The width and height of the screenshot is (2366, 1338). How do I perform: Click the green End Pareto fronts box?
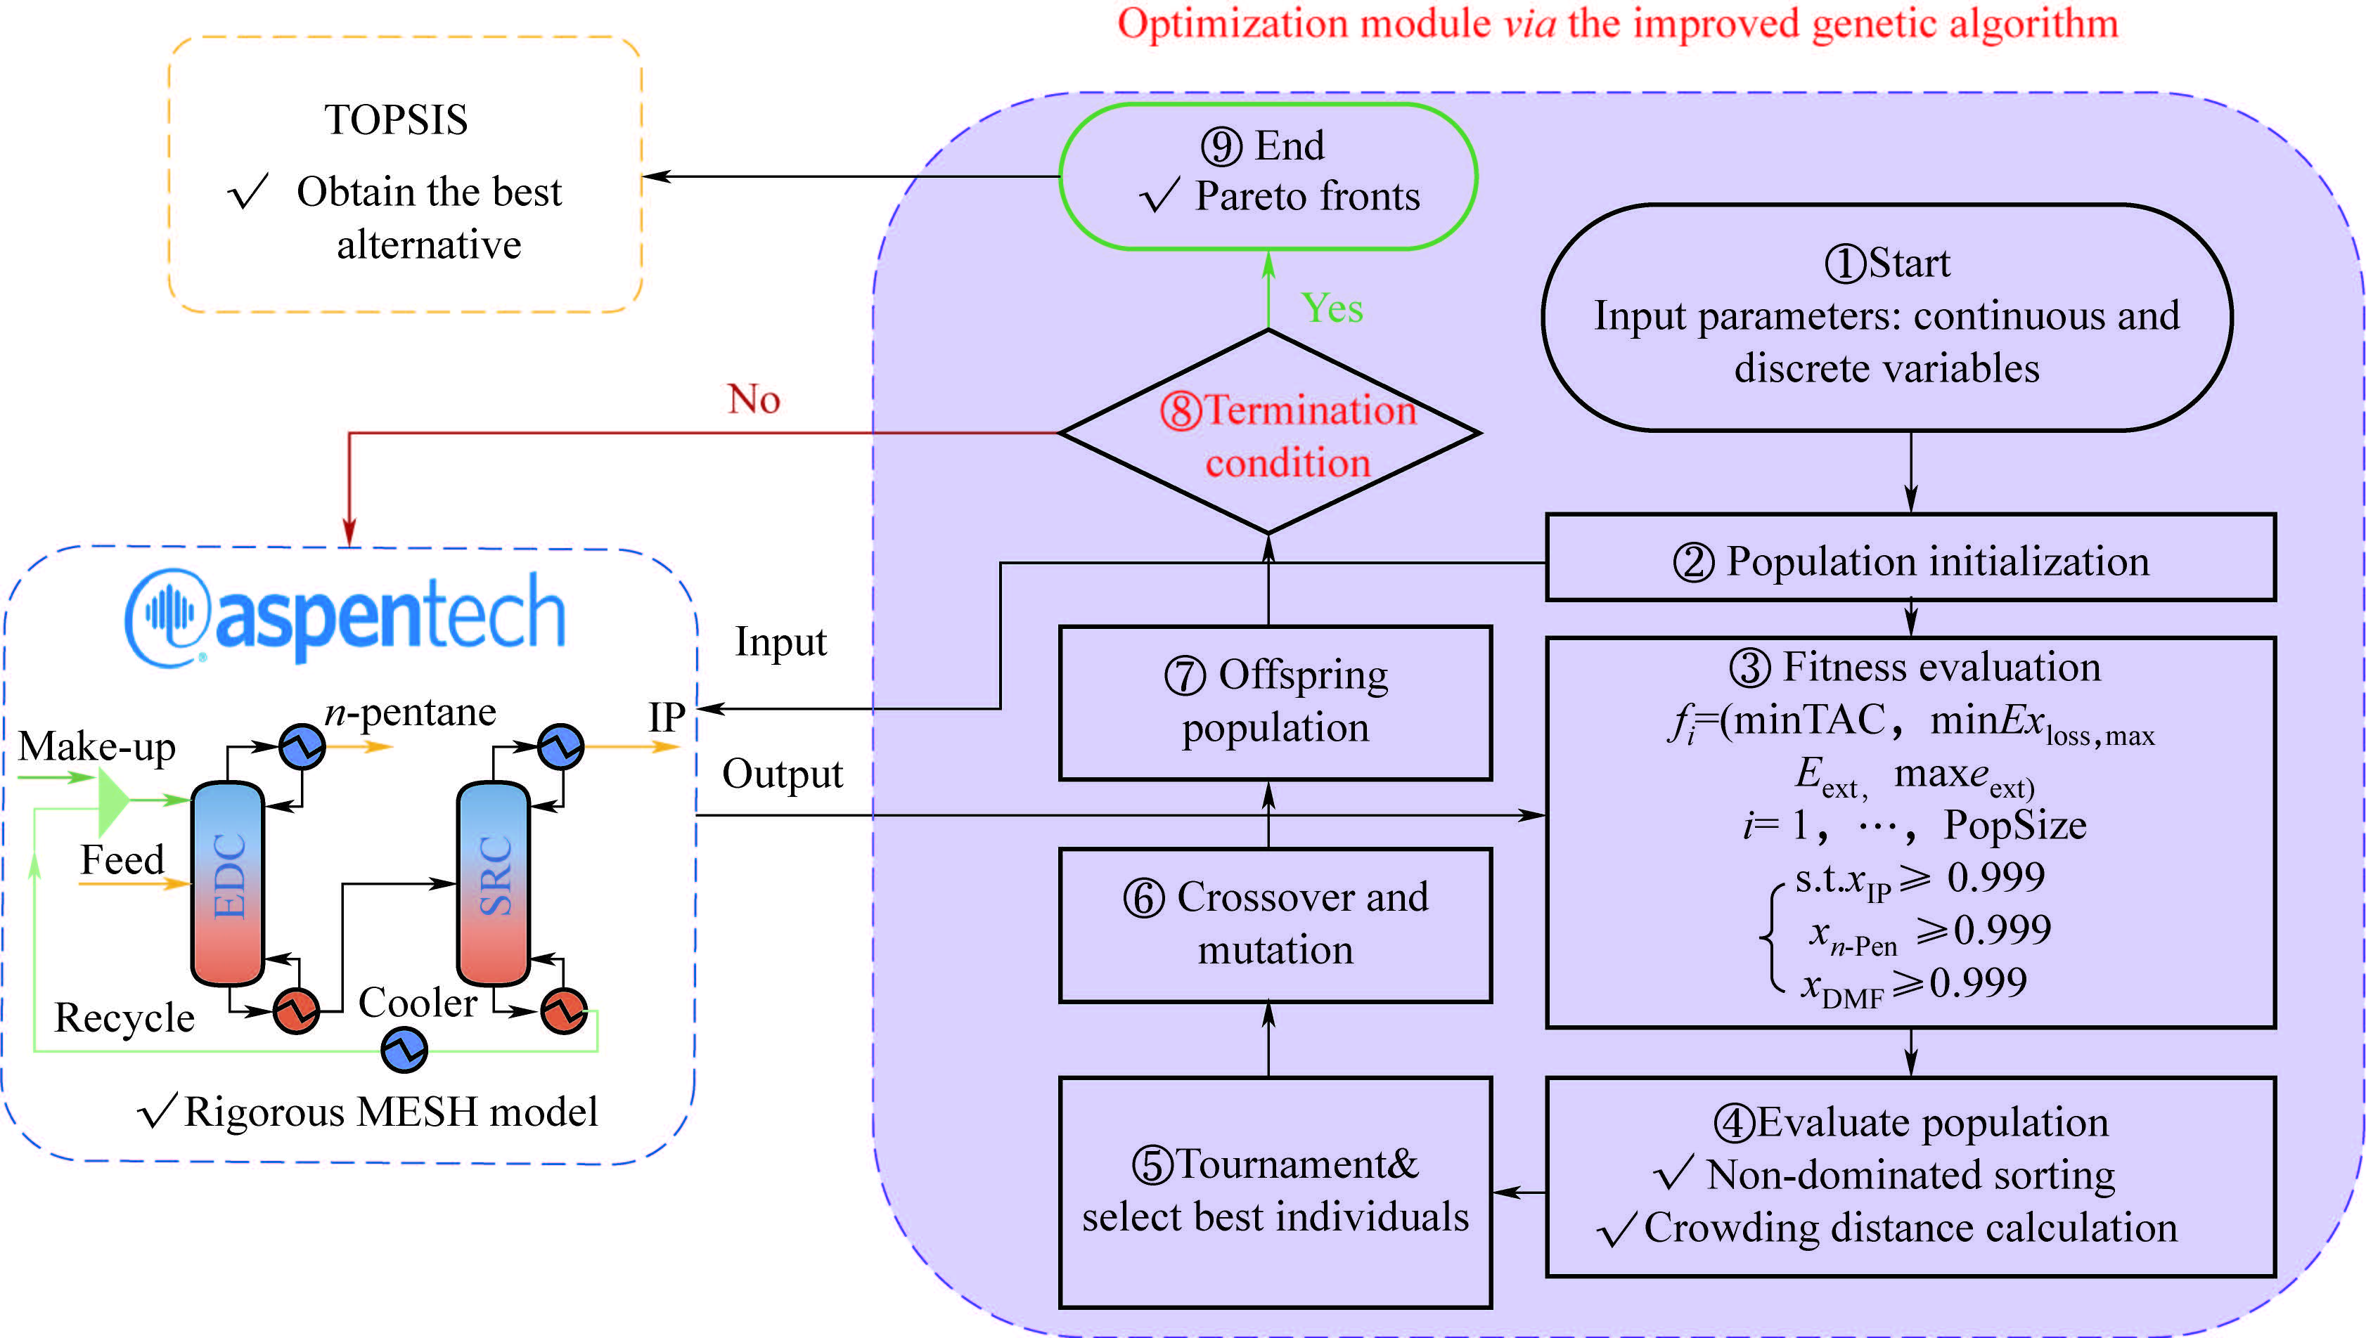[x=1268, y=176]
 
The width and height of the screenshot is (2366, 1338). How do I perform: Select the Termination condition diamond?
[x=1269, y=433]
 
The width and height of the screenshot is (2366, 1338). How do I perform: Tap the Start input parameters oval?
[x=1886, y=317]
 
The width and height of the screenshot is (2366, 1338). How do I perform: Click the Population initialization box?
[x=1910, y=559]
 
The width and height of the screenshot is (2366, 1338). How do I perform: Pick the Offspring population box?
[x=1275, y=703]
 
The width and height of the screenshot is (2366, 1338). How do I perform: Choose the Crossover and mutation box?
[x=1275, y=925]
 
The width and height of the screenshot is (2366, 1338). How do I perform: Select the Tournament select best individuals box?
[x=1275, y=1192]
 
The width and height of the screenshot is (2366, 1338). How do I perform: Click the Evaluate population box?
[x=1910, y=1176]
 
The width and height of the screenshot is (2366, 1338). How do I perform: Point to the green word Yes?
[x=1332, y=308]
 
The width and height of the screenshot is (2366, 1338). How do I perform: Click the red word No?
[x=754, y=400]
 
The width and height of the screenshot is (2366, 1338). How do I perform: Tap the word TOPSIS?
[x=396, y=120]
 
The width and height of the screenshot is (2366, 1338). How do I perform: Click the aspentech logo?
[x=345, y=616]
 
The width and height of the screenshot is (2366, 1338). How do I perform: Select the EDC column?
[x=228, y=882]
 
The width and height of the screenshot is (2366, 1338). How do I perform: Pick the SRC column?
[x=494, y=882]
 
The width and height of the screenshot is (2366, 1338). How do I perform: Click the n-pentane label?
[x=410, y=712]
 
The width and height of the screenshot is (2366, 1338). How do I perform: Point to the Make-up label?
[x=96, y=746]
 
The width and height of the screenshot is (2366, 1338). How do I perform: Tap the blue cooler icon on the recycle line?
[x=404, y=1049]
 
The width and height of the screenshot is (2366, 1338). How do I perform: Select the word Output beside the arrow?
[x=781, y=774]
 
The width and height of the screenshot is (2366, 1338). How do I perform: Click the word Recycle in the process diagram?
[x=124, y=1018]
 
